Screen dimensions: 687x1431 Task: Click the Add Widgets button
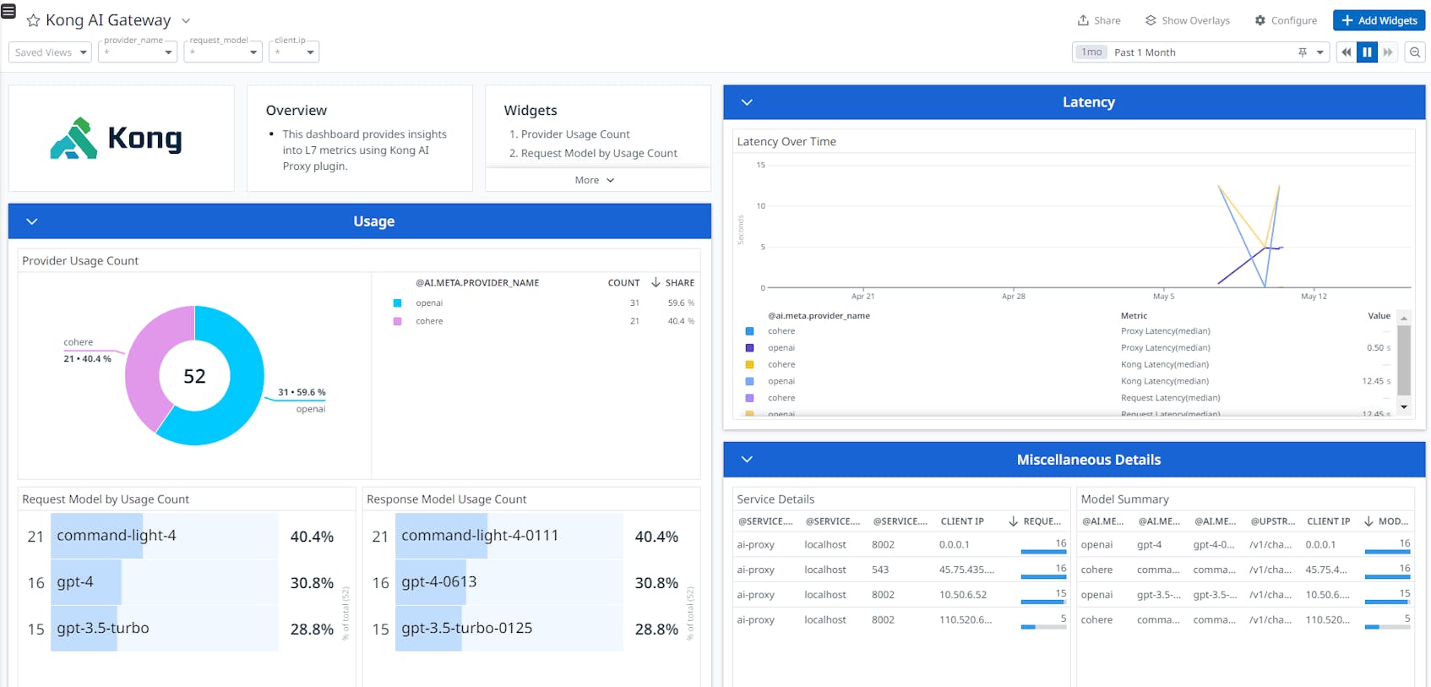[x=1379, y=20]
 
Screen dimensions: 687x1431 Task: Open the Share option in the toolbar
[x=1099, y=20]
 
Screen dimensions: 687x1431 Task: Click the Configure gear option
[x=1286, y=20]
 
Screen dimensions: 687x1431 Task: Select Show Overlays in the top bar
[x=1188, y=20]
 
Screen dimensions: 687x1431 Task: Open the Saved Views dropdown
[x=51, y=52]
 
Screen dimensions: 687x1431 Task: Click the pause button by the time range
[x=1367, y=52]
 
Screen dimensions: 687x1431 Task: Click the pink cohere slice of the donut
[x=152, y=363]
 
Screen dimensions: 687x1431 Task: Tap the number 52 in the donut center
[x=194, y=376]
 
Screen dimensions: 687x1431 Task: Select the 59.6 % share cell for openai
[x=681, y=303]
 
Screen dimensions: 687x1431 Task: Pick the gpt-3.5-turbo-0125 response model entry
[x=466, y=629]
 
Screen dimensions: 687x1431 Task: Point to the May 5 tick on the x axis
[x=1163, y=296]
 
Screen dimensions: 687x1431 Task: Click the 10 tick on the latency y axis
[x=761, y=205]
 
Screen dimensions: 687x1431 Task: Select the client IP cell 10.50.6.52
[x=963, y=595]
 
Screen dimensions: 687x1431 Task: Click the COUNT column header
[x=623, y=283]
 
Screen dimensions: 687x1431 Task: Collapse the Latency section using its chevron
[x=747, y=102]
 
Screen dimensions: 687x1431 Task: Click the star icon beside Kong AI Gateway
[x=34, y=20]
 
